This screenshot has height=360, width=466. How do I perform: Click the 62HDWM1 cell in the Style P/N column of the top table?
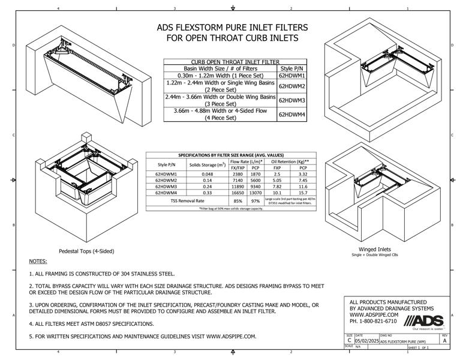[x=292, y=76]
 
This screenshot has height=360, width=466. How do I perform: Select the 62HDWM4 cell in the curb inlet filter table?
[x=292, y=114]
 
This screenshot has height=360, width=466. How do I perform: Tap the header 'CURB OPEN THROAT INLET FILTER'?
[x=235, y=61]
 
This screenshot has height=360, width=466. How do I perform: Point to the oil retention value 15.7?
[x=303, y=193]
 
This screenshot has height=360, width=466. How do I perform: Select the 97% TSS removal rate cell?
[x=255, y=201]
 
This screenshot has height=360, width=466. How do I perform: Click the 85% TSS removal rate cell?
[x=238, y=201]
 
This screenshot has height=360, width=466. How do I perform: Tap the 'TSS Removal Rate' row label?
[x=187, y=201]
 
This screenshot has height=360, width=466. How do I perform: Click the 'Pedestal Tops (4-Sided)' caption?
[x=86, y=251]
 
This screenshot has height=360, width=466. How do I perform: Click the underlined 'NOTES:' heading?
[x=38, y=262]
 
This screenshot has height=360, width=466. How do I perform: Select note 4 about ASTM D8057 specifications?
[x=91, y=323]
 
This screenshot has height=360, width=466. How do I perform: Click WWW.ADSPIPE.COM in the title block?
[x=374, y=314]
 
